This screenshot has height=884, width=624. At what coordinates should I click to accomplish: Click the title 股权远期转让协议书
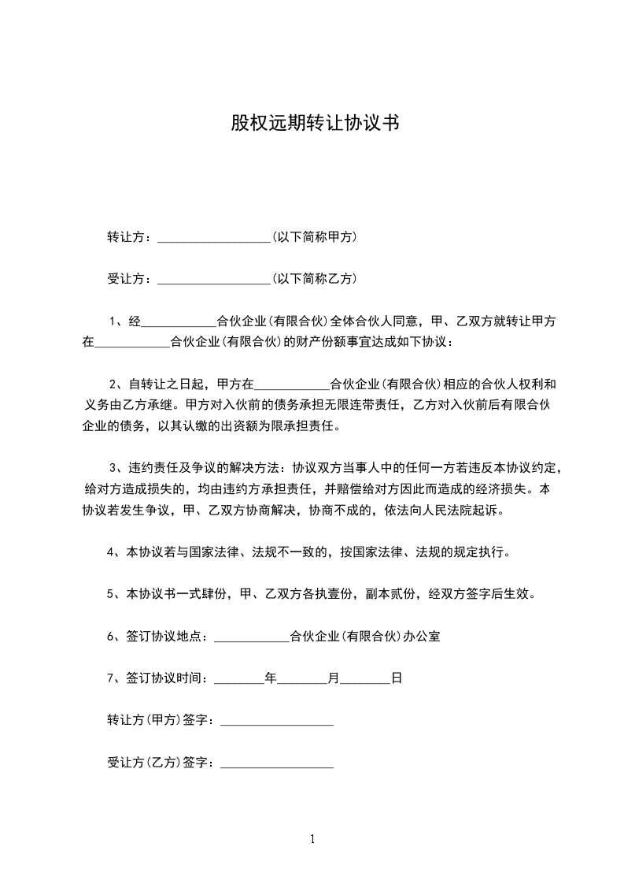click(312, 124)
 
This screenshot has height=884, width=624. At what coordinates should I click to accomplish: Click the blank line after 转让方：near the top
click(214, 237)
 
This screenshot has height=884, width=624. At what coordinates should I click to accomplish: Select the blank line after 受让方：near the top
click(214, 279)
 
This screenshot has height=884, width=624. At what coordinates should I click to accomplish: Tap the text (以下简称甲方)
click(313, 237)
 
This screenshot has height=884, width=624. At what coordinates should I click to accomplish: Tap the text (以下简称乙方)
click(313, 279)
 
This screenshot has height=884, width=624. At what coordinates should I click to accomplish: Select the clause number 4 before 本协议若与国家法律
click(111, 552)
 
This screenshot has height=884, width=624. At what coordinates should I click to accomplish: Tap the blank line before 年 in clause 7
click(239, 678)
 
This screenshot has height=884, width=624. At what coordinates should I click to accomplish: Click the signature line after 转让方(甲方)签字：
click(277, 721)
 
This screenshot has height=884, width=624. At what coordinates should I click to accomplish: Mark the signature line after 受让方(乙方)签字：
click(277, 763)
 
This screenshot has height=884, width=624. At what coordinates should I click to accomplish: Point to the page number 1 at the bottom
click(312, 839)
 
